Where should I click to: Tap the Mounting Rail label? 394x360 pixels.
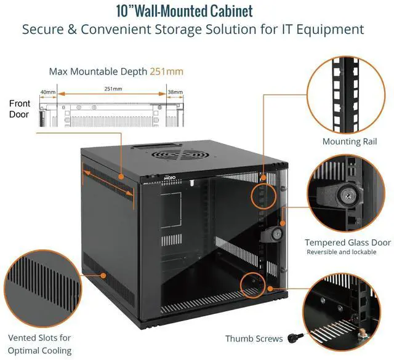click(350, 142)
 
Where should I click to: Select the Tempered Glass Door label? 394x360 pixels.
click(347, 242)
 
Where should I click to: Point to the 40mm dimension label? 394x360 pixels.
click(47, 92)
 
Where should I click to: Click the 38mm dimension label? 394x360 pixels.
click(175, 92)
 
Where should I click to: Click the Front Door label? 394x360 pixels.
click(19, 109)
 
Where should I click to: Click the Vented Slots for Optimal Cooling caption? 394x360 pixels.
click(40, 344)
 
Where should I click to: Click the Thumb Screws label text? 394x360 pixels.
click(254, 338)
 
